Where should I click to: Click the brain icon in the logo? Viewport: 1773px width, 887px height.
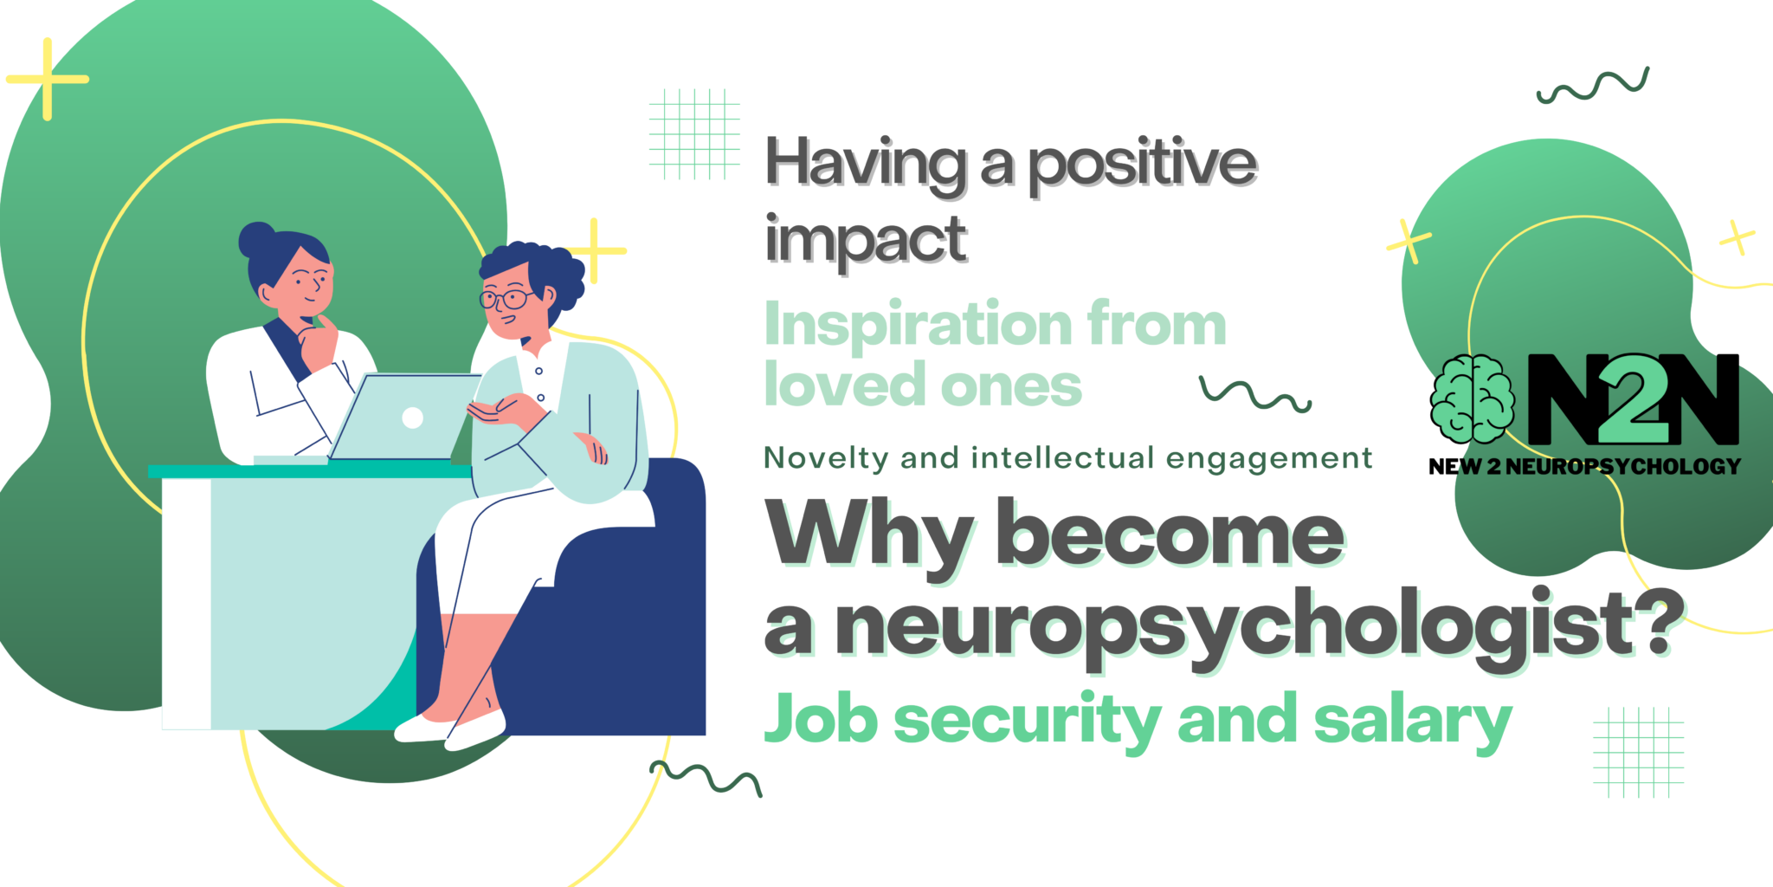point(1473,398)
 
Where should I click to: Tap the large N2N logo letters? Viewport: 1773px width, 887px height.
point(1633,399)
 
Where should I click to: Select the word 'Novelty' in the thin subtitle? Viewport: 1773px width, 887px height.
point(826,458)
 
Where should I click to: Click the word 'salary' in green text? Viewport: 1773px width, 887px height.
point(1413,722)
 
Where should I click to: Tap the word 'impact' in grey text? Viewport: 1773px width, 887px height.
point(866,240)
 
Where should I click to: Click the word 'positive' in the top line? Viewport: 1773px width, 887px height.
point(1143,165)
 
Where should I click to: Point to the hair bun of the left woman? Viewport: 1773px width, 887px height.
point(256,239)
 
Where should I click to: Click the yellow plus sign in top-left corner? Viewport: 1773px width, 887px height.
point(48,79)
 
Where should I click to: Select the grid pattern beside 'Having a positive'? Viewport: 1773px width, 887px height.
point(694,134)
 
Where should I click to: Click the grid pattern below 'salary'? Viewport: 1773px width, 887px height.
point(1638,752)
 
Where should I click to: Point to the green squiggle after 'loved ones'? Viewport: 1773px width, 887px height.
point(1255,394)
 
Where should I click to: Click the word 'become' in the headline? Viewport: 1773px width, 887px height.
point(1170,534)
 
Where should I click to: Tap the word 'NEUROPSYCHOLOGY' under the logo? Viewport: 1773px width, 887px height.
point(1623,467)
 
